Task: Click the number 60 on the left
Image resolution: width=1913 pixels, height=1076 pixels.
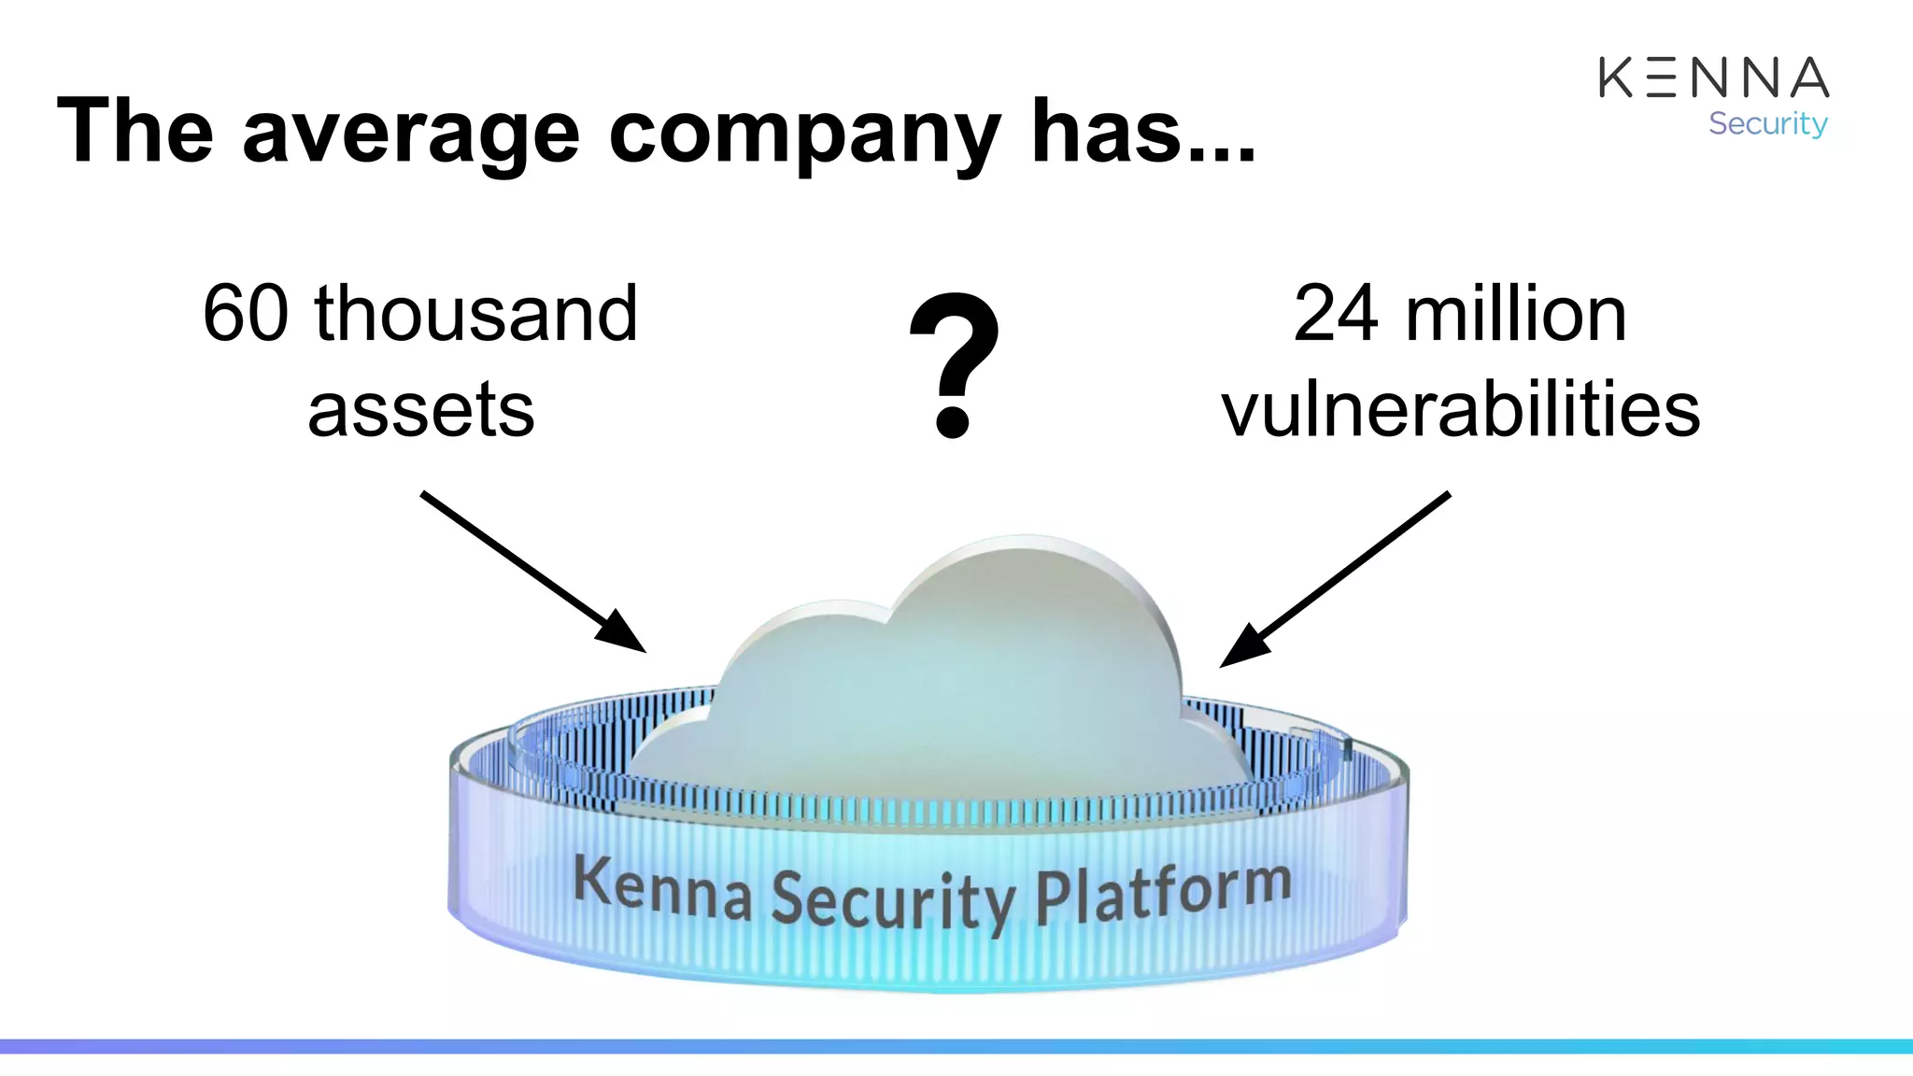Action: [x=246, y=314]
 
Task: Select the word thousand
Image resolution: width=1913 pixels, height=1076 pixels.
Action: [x=475, y=314]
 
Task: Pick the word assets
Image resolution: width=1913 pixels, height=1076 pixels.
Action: [x=421, y=410]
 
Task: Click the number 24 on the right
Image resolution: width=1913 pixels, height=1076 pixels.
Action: [x=1335, y=314]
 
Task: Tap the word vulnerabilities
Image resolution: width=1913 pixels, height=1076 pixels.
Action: [x=1460, y=410]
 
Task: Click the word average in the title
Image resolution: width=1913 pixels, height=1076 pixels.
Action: [x=411, y=132]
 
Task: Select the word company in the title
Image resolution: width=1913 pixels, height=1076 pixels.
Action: [x=805, y=132]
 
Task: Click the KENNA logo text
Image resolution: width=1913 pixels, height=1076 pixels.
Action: [x=1713, y=78]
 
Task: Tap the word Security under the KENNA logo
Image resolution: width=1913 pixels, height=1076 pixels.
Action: [x=1767, y=123]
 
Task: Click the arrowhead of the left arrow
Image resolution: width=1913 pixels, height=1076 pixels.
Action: [x=623, y=633]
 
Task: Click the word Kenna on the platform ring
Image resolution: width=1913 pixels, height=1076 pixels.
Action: [x=662, y=887]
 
